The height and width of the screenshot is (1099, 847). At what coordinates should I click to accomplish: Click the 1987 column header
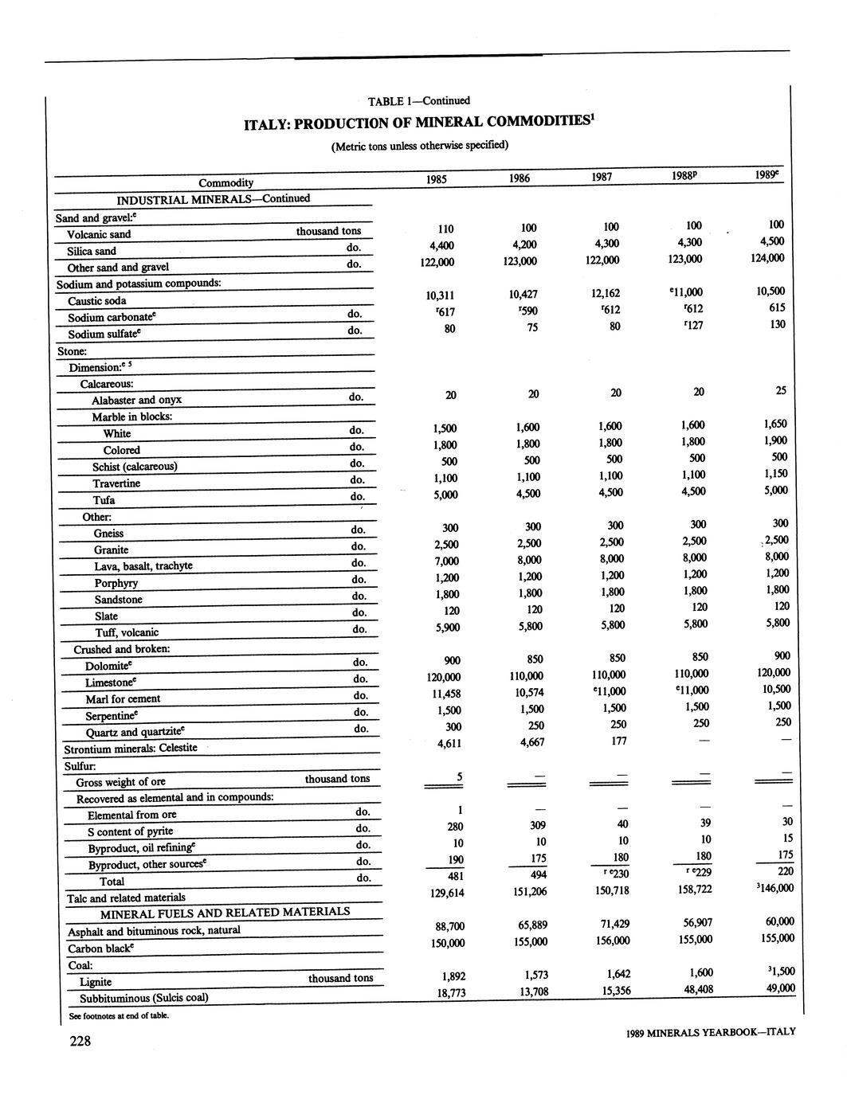click(x=602, y=178)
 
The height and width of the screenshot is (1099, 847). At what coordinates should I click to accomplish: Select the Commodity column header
click(x=225, y=183)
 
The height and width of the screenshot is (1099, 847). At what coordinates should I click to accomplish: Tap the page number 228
click(x=80, y=1041)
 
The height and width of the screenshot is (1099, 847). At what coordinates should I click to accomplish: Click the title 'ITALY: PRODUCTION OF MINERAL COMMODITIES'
click(x=419, y=123)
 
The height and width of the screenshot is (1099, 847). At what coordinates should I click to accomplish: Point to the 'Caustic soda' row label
click(x=96, y=301)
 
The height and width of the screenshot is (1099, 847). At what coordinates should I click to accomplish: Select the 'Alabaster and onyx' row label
click(x=136, y=400)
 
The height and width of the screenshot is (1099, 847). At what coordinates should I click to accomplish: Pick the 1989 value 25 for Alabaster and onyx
click(x=780, y=391)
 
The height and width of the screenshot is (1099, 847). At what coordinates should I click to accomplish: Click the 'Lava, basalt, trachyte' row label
click(x=143, y=566)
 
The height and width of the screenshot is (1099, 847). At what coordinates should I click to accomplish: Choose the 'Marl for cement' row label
click(x=123, y=699)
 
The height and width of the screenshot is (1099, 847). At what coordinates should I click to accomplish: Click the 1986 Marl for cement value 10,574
click(x=527, y=692)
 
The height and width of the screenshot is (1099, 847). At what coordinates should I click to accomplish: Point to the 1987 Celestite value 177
click(x=618, y=741)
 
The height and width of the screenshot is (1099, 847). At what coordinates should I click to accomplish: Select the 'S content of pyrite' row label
click(x=130, y=831)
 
